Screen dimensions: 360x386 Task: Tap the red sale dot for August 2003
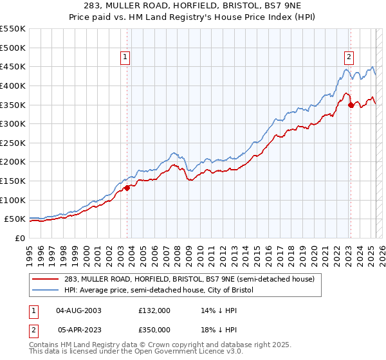pos(127,188)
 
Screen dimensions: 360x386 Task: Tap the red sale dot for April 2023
pos(351,105)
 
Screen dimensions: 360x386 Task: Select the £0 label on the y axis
pos(20,238)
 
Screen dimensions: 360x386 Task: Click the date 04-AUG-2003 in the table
pos(79,310)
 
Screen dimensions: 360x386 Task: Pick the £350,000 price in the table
pos(154,330)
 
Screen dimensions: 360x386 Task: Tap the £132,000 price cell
pos(154,310)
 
